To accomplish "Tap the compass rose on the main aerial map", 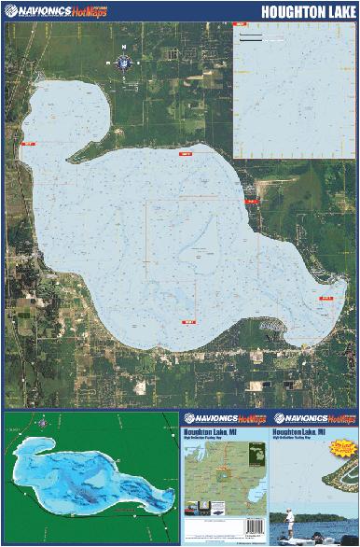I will pyautogui.click(x=122, y=62).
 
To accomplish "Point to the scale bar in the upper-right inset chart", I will pyautogui.click(x=260, y=39).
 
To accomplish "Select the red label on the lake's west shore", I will pyautogui.click(x=27, y=144).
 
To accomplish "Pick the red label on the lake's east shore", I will pyautogui.click(x=250, y=201).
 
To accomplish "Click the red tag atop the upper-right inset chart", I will pyautogui.click(x=240, y=21).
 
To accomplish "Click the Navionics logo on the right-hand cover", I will pyautogui.click(x=313, y=418).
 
